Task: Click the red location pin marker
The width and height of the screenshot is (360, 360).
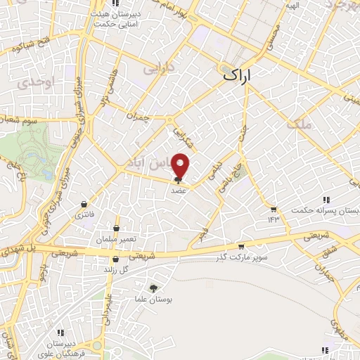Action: (x=181, y=165)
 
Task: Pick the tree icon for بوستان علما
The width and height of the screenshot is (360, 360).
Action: (x=153, y=287)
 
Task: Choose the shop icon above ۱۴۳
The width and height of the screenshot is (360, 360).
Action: (x=273, y=209)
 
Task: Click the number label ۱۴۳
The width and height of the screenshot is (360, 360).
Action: (x=273, y=219)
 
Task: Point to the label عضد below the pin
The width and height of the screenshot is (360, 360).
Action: (x=178, y=190)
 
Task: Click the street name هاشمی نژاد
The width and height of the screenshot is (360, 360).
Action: (x=105, y=92)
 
